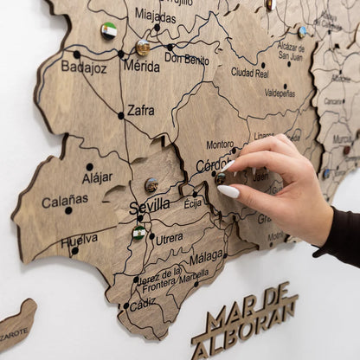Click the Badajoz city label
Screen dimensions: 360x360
coord(84,66)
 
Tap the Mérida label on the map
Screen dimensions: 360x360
coord(141,65)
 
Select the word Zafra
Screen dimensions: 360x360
coord(141,110)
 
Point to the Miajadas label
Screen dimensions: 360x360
coord(156,16)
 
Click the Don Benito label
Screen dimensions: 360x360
coord(186,59)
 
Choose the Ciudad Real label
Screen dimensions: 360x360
coord(249,73)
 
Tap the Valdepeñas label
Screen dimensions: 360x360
coord(280,93)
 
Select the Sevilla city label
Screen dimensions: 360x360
coord(150,208)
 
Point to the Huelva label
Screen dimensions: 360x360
coord(80,240)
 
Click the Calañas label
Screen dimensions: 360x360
coord(65,200)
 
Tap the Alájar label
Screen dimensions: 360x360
coord(97,177)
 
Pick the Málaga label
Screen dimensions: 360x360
coord(206,257)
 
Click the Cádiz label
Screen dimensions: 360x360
coord(143,303)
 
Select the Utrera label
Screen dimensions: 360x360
coord(169,238)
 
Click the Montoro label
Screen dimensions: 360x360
coord(219,145)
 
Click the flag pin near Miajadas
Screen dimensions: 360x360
coord(109,30)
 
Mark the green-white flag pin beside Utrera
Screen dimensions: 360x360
coord(138,232)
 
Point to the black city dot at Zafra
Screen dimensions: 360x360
coord(121,115)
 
